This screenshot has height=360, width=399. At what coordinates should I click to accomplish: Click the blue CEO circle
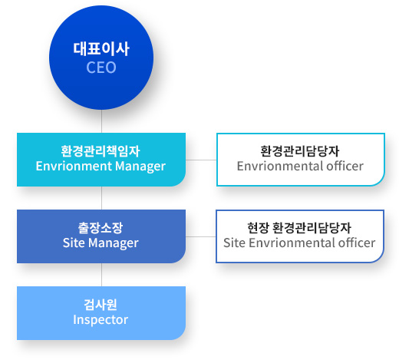pos(101,58)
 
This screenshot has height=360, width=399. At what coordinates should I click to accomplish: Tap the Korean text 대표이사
pos(101,49)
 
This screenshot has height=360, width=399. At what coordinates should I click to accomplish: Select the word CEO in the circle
pos(101,68)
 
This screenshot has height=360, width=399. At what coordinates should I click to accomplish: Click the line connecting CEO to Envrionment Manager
pos(101,121)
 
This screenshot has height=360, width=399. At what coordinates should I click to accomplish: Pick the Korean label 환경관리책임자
pos(101,151)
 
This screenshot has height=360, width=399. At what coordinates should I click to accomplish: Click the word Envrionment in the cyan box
pos(74,166)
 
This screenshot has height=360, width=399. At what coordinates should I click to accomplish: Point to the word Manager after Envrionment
pos(140,167)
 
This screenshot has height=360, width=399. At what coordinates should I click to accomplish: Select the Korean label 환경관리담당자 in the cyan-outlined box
pos(300,151)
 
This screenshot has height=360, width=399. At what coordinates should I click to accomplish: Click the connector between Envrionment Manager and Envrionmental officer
pos(201,160)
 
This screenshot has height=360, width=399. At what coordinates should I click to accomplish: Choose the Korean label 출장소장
pos(101,228)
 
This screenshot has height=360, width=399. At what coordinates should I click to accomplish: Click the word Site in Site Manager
pos(74,243)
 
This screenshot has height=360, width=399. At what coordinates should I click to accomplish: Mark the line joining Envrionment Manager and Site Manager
pos(101,198)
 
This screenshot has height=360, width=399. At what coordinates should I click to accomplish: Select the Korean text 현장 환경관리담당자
pos(299,228)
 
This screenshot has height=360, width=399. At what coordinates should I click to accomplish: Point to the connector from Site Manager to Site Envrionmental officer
pos(201,236)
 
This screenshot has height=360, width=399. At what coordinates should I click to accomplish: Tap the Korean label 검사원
pos(101,305)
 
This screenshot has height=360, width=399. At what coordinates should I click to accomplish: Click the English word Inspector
pos(101,320)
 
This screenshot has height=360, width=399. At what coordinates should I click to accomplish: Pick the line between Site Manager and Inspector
pos(101,275)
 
